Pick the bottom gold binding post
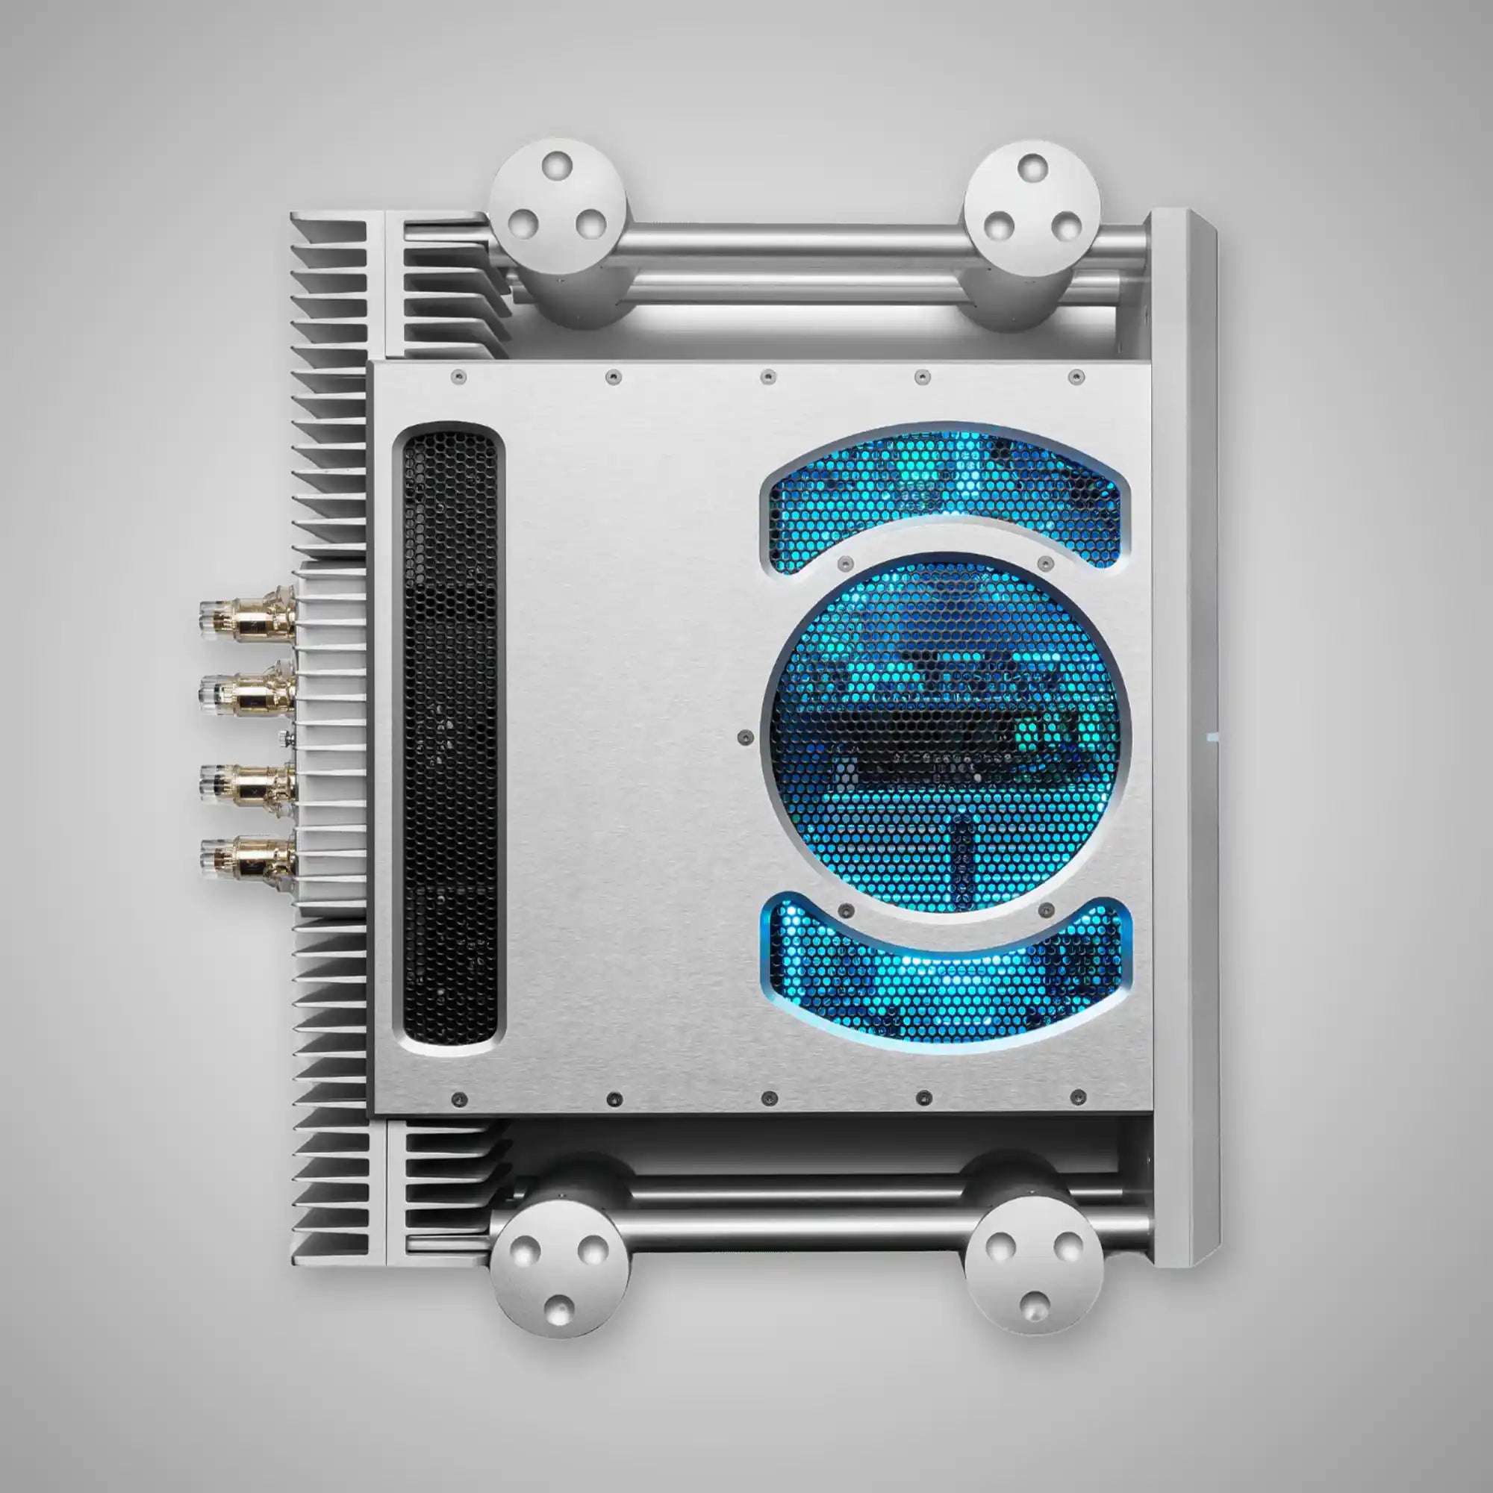246,855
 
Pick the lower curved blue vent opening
946,982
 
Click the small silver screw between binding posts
287,738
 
